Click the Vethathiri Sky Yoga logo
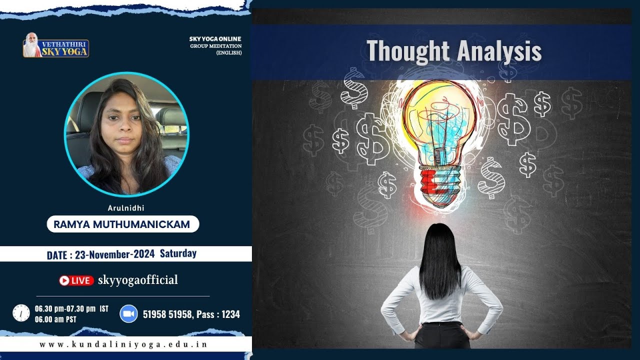click(x=56, y=45)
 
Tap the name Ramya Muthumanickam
click(x=123, y=224)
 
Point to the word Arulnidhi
click(x=122, y=208)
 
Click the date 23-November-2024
click(x=114, y=254)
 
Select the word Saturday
click(x=178, y=253)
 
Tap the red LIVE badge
click(x=76, y=280)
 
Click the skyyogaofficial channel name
click(x=138, y=280)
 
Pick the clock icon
click(x=21, y=313)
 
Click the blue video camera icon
click(x=128, y=314)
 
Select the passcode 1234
click(x=230, y=314)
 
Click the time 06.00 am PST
click(x=55, y=319)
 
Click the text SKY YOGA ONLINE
click(x=215, y=39)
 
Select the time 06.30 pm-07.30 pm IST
click(x=71, y=308)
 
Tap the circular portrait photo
click(x=127, y=133)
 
